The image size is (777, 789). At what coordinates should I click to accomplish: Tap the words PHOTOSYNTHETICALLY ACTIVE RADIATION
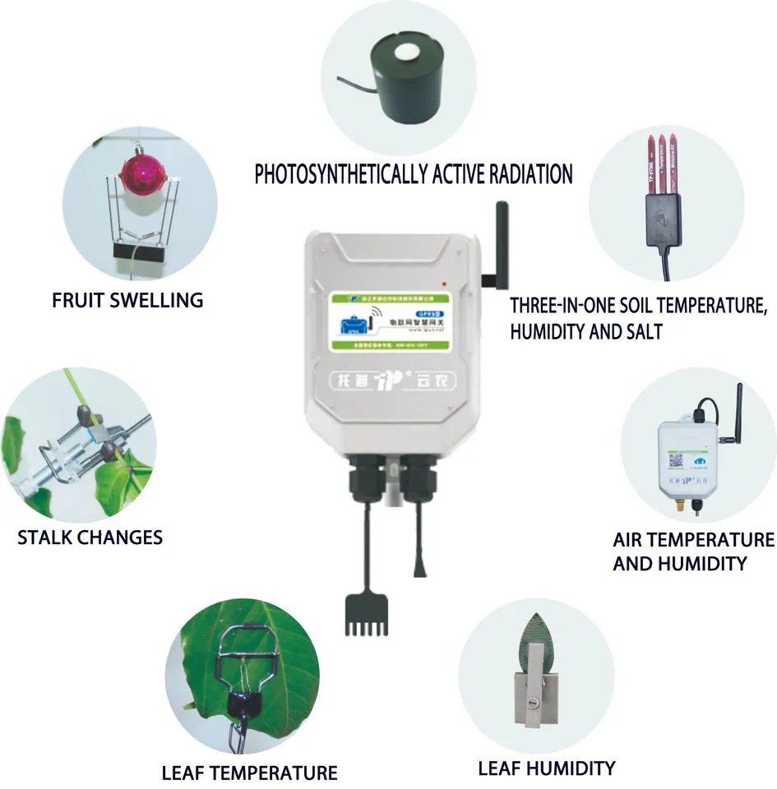coord(413,174)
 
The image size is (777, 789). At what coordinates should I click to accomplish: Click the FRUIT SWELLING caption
coord(127,300)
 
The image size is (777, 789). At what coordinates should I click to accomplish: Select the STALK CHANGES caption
coord(90,538)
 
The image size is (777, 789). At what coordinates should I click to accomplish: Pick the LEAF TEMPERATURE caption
coord(249,773)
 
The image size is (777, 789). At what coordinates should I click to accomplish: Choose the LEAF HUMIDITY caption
coord(546,768)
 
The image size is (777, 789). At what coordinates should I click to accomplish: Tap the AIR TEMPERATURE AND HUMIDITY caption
coord(693,551)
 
